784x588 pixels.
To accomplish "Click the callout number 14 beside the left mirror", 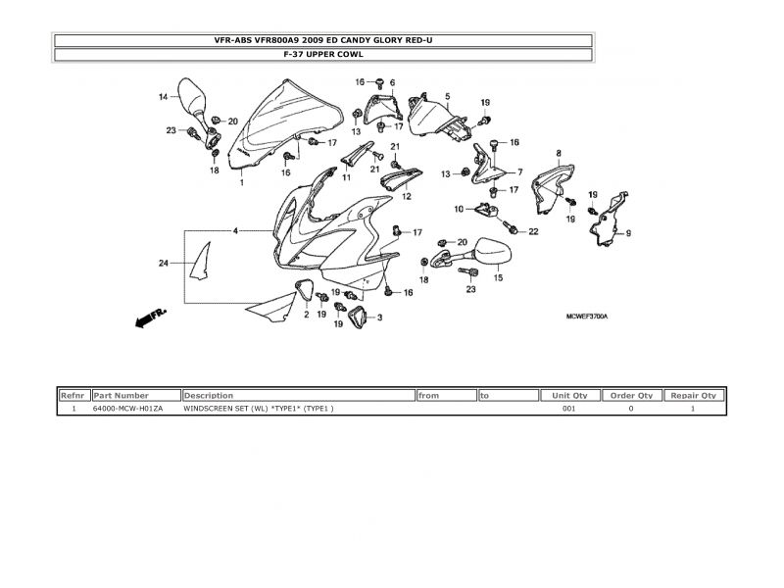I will [x=164, y=96].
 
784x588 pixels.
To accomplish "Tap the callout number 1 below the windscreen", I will [x=242, y=183].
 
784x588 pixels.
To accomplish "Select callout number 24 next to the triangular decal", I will [x=164, y=263].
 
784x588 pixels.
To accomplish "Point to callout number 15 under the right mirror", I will [x=498, y=278].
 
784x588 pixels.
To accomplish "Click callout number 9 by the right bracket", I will [x=628, y=233].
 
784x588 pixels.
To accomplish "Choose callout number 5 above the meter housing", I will [x=447, y=96].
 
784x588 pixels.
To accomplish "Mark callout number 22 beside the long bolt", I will [x=534, y=231].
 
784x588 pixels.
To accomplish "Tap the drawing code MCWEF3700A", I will [x=587, y=317].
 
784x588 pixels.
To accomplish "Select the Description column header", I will [x=298, y=395].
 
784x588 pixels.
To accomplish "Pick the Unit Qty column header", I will [x=569, y=395].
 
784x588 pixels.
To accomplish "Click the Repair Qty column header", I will [x=694, y=395].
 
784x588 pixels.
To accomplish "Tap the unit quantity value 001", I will [x=568, y=408].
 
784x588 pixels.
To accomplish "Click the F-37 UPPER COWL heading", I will [x=322, y=55].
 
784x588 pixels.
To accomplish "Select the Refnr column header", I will [x=73, y=395].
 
